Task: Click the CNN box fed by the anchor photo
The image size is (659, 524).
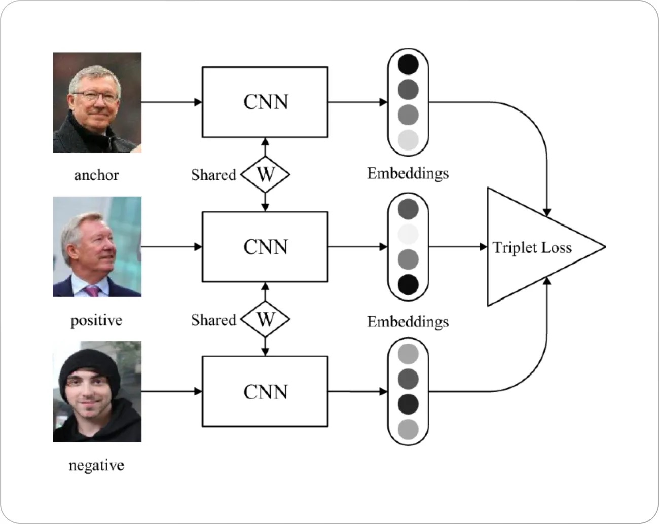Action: [x=265, y=102]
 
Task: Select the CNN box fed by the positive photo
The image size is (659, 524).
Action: [x=265, y=247]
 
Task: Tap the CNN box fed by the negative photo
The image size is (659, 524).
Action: [x=265, y=391]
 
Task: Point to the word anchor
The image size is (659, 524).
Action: [x=96, y=175]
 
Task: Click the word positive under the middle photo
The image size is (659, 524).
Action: [x=96, y=320]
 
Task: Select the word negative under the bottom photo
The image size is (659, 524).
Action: [x=96, y=465]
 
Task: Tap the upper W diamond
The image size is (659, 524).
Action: [x=265, y=174]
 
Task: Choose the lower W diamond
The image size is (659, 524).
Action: [x=265, y=319]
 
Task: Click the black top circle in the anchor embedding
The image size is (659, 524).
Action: [x=408, y=64]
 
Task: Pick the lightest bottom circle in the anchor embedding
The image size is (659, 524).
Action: [x=408, y=140]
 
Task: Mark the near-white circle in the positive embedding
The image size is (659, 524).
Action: [x=408, y=234]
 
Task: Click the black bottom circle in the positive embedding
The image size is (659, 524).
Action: [x=408, y=284]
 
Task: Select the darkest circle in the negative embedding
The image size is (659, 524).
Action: [x=408, y=404]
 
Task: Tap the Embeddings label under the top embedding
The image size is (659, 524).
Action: [x=408, y=173]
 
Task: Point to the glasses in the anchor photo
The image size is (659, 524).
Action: [x=95, y=96]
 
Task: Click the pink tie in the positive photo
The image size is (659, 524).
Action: [x=93, y=291]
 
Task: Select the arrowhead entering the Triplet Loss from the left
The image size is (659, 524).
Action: [x=484, y=247]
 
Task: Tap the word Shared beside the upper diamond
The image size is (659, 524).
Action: [x=213, y=175]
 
